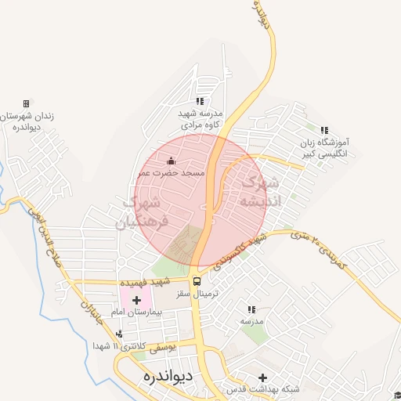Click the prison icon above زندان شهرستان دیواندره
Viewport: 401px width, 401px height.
tap(26, 103)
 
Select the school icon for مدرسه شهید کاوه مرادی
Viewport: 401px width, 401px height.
tap(200, 101)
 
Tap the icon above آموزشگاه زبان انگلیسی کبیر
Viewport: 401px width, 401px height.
tap(324, 129)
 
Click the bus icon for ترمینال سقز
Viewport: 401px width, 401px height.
tap(197, 281)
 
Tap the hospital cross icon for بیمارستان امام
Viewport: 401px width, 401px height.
tap(137, 299)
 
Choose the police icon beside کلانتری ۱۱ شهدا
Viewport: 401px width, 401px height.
tap(118, 334)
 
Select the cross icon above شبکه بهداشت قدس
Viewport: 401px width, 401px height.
tap(262, 377)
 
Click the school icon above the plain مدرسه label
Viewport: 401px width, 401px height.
tap(251, 309)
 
